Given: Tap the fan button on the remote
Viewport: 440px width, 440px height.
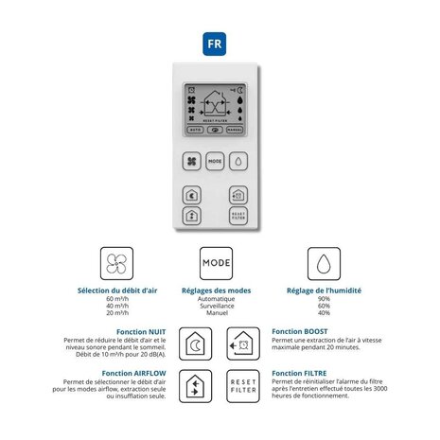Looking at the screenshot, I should (x=192, y=162).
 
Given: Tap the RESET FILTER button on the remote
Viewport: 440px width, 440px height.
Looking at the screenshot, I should (x=238, y=216).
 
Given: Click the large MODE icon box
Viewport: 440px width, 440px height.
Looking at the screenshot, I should (x=215, y=264).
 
